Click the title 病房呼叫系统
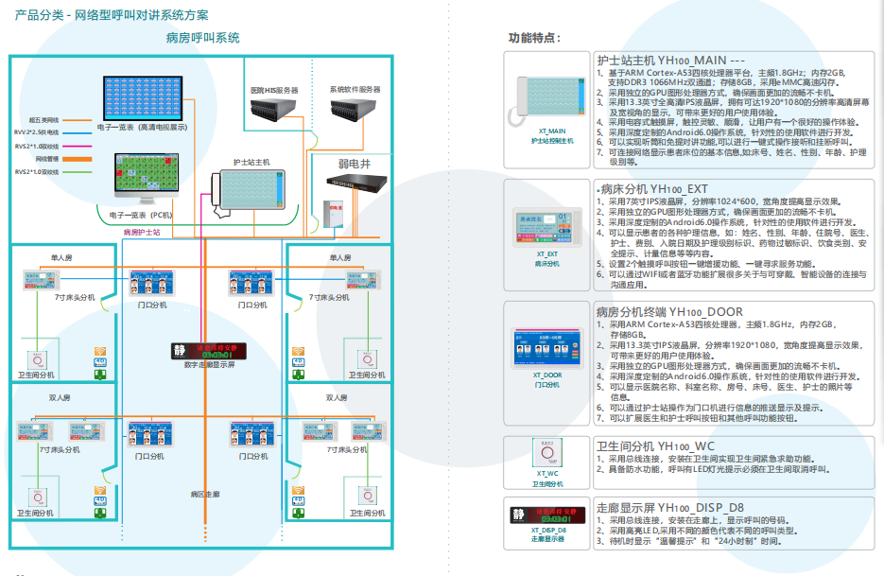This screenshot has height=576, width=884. click(202, 39)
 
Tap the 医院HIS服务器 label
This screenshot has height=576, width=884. click(274, 90)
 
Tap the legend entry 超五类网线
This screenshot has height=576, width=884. click(44, 120)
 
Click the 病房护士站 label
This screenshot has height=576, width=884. click(142, 231)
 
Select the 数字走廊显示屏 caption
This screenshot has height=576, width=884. click(209, 364)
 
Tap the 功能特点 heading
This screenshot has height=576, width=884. click(535, 39)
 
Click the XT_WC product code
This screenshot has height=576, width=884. click(547, 473)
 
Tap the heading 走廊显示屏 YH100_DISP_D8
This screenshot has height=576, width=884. click(670, 507)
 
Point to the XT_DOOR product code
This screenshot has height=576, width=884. click(547, 375)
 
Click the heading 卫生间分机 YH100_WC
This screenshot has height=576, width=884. click(655, 445)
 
